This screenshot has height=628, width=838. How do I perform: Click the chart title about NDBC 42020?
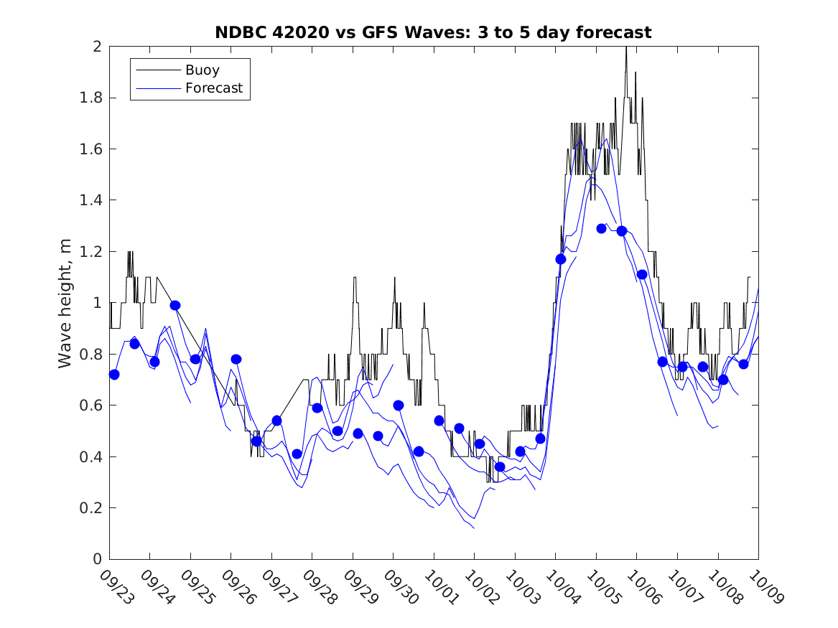[433, 32]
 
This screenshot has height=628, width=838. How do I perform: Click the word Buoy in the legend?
[202, 70]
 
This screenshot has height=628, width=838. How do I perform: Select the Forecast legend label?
[214, 88]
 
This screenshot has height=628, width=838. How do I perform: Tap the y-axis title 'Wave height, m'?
[65, 303]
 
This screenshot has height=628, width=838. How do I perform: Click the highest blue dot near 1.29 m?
[602, 228]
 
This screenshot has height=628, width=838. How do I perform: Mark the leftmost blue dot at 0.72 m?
[114, 375]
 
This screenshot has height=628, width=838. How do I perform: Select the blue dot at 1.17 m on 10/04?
[561, 259]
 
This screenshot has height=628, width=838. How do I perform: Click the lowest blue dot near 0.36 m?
[500, 467]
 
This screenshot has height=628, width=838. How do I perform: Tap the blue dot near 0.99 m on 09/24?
[175, 305]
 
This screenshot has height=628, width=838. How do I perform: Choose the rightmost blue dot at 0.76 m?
[743, 364]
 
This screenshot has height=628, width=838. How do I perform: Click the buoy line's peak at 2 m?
[626, 47]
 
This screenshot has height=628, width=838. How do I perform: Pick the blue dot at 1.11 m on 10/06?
[642, 274]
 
